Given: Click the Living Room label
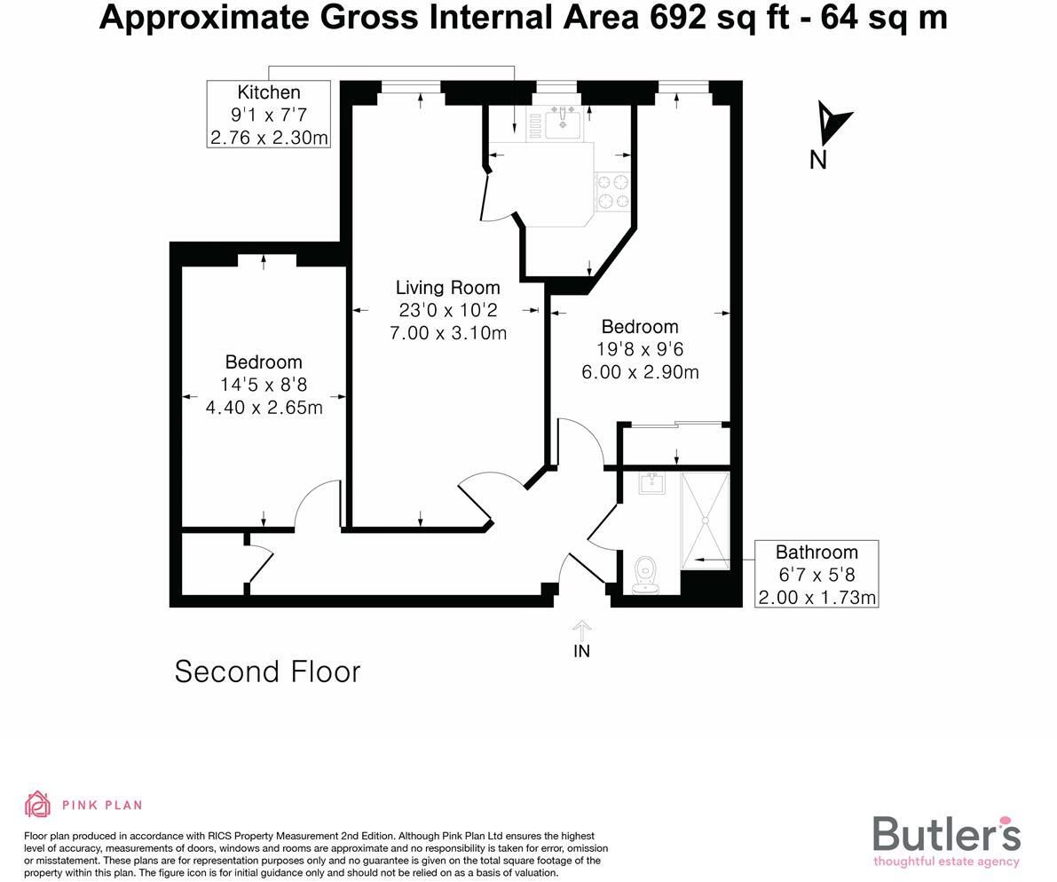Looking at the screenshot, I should point(447,287).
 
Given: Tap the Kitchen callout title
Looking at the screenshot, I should point(269,92).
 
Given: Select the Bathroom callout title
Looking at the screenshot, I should point(816,552).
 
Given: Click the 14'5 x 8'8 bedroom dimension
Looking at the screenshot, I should point(264,385).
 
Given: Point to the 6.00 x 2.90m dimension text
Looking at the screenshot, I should point(640,372).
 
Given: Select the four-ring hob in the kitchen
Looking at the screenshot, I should point(611,190).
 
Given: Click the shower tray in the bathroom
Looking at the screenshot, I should point(705,520).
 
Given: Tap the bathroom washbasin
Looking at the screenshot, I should point(651,483).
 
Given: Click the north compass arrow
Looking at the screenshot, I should point(832,122).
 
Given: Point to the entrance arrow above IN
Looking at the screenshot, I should point(581,630).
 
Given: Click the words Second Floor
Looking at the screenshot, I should point(267,671).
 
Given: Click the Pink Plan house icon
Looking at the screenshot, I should point(38,805).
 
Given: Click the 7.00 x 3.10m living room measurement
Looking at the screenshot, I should point(448,333).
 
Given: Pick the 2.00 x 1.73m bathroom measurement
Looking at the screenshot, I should point(816,597).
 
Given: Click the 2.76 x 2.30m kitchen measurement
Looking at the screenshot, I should point(269,138).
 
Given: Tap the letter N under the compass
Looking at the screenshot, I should point(818,160).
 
